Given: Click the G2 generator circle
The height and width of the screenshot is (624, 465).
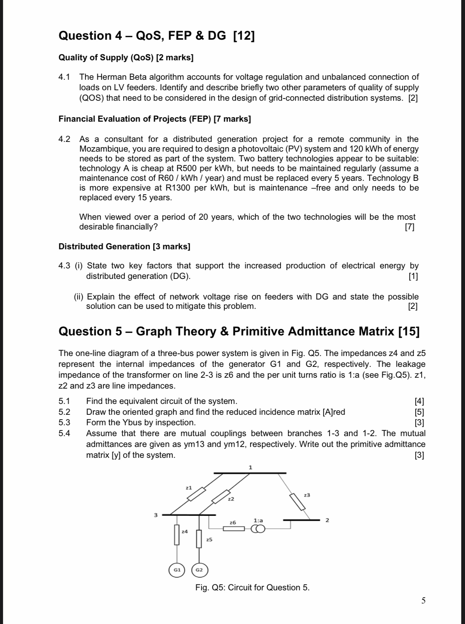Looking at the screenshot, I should click(x=200, y=570).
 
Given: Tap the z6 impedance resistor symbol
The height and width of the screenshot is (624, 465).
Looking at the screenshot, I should click(x=234, y=529).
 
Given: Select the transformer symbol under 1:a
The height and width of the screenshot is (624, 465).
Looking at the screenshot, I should click(x=258, y=529).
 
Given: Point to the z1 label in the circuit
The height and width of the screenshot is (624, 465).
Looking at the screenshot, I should click(x=189, y=488).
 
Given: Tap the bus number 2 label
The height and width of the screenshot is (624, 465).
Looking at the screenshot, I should click(x=327, y=520).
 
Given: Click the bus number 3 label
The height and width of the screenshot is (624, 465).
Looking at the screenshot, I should click(x=156, y=515).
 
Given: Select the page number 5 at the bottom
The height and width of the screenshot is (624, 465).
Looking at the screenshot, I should click(x=423, y=601).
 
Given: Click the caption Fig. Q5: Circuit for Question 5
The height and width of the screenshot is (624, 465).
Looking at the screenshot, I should click(x=252, y=587).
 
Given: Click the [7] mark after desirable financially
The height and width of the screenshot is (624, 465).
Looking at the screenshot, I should click(x=410, y=227).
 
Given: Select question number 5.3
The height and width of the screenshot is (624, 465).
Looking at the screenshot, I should click(x=64, y=423).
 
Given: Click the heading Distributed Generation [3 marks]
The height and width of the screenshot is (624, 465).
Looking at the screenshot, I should click(x=124, y=246).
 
